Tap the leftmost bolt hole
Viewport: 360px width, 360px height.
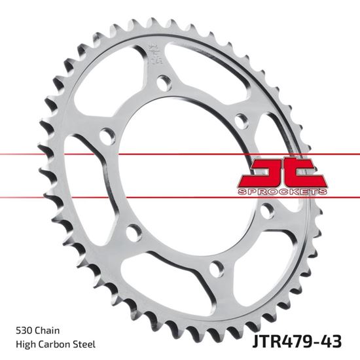[x=107, y=136]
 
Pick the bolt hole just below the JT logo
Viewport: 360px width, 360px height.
[x=266, y=211]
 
